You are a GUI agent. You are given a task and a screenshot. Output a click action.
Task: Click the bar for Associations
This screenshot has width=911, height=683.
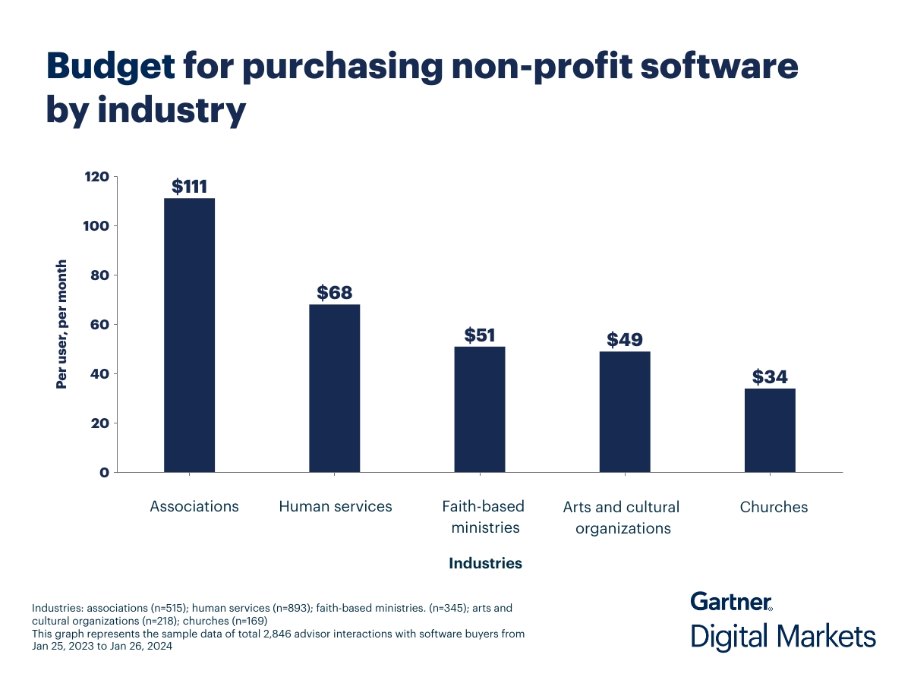point(189,335)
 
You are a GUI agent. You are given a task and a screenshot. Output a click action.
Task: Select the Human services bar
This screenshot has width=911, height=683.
point(334,388)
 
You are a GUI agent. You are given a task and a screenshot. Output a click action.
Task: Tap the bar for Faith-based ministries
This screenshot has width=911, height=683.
point(480,409)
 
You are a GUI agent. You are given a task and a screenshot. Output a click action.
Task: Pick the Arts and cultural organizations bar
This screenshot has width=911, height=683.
point(625,411)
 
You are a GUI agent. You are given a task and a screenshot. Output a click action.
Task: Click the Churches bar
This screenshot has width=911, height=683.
point(770,430)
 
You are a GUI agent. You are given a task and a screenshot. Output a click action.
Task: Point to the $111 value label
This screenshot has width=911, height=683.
point(189,187)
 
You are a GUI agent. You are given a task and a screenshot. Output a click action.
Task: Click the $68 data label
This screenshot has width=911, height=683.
point(334,293)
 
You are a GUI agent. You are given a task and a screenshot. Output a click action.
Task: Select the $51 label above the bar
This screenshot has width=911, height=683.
point(480,335)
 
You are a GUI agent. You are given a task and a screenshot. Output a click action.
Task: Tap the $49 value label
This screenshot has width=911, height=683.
point(625,339)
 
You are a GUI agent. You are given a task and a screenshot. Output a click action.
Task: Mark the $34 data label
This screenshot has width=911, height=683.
point(770,376)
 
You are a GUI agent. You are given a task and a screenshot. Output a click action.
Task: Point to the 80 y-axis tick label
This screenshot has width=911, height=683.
point(101,275)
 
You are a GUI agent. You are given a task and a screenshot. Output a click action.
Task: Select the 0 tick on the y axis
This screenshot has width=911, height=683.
point(105,472)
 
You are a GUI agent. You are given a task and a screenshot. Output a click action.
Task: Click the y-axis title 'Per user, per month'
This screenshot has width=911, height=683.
point(62,325)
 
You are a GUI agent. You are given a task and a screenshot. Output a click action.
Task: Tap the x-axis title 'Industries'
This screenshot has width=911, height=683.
point(485,563)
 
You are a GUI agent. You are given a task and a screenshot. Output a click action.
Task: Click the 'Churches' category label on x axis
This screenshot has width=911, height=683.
point(774,507)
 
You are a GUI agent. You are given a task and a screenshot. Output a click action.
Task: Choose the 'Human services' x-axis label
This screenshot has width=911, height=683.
point(336,506)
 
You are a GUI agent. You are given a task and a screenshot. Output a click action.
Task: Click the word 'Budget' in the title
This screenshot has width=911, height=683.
point(111,67)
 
